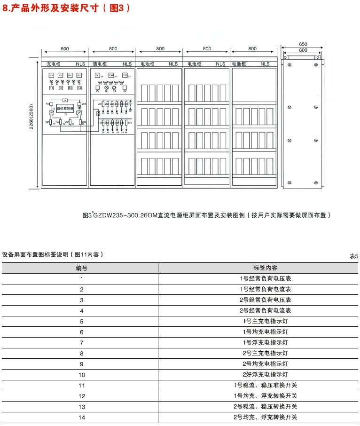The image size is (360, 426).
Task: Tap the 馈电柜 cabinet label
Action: click(x=99, y=64)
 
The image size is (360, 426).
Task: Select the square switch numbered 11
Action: click(x=51, y=88)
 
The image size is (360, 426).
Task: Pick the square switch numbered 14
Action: click(x=79, y=88)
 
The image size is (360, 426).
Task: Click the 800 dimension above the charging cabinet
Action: click(x=65, y=49)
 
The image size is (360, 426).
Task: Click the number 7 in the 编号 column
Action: click(x=81, y=343)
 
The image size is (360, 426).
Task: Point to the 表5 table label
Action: click(x=353, y=256)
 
